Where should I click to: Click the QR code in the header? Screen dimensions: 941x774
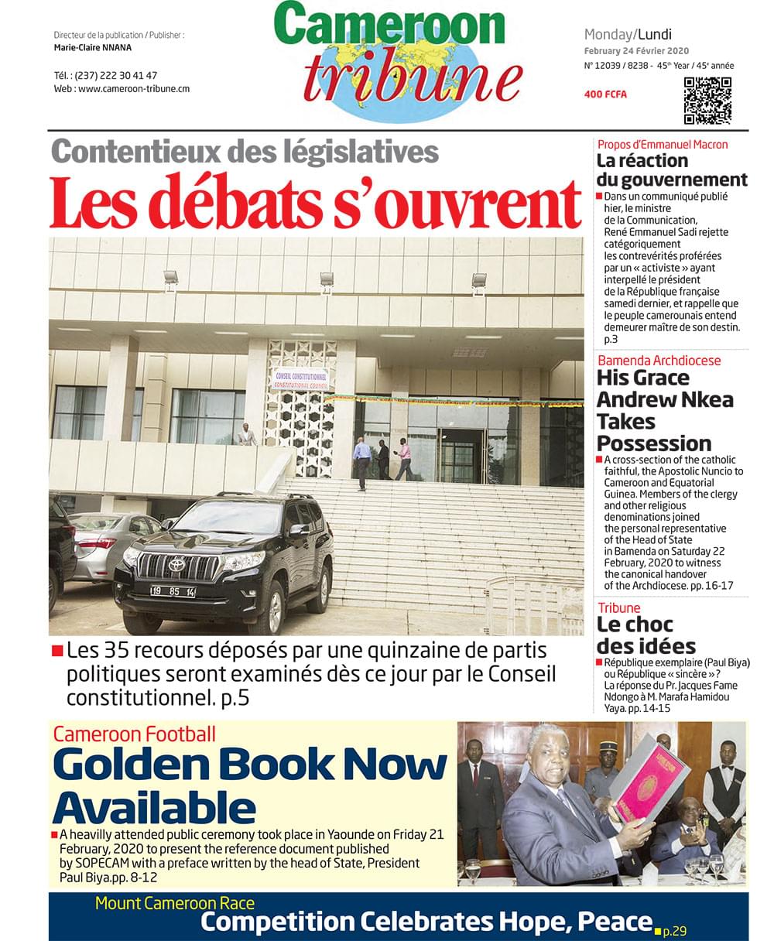[x=707, y=101]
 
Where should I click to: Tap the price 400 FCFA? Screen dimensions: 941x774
[x=605, y=94]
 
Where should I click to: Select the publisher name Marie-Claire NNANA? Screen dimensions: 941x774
[x=93, y=47]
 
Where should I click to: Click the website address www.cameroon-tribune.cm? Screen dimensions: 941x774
[x=133, y=89]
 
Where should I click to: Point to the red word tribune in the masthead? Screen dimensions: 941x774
[x=412, y=79]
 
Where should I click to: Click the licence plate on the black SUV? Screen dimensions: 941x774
[x=172, y=591]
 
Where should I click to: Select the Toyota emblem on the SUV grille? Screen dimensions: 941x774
[x=176, y=565]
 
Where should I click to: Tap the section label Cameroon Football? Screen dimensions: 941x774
[x=134, y=734]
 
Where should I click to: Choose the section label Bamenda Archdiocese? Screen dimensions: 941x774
[x=659, y=361]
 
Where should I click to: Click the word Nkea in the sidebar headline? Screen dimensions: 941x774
[x=699, y=400]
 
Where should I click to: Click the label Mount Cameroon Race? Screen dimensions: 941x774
[x=174, y=902]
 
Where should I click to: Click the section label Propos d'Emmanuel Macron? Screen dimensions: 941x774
[x=663, y=145]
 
